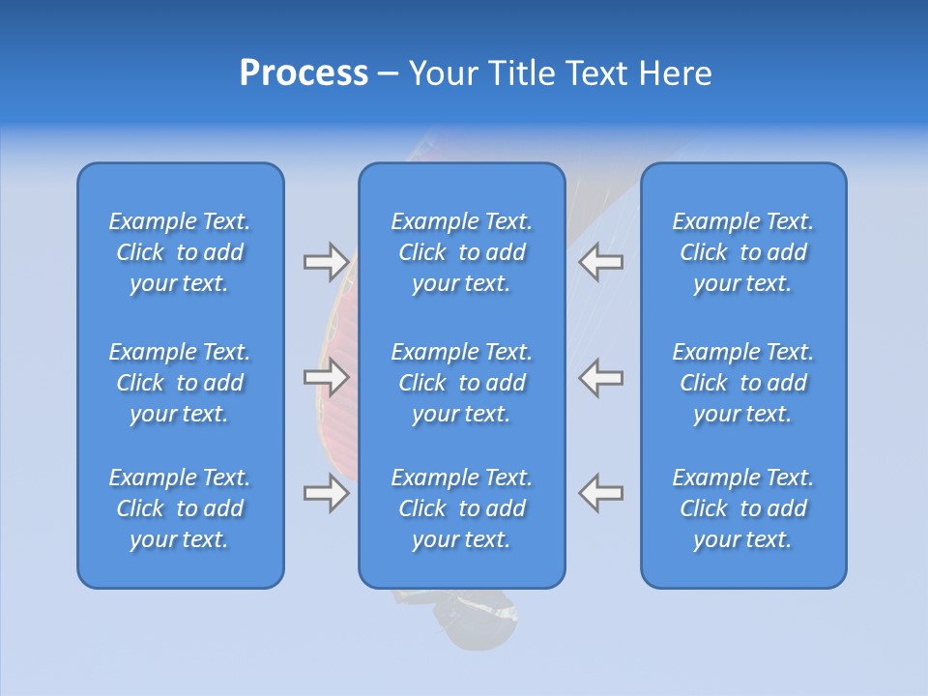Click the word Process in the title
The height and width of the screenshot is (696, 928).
(x=304, y=73)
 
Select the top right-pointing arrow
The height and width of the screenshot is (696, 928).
(x=326, y=261)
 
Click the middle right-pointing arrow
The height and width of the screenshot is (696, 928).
(x=326, y=377)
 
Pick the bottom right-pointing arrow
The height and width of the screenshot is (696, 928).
(x=326, y=493)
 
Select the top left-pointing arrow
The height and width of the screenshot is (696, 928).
(x=601, y=261)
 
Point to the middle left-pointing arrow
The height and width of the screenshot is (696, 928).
(x=601, y=377)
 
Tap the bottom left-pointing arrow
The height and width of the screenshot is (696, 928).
(x=601, y=493)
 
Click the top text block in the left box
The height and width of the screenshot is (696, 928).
(x=180, y=252)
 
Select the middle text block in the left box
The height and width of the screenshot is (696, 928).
(x=180, y=383)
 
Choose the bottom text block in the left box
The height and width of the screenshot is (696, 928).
(x=180, y=508)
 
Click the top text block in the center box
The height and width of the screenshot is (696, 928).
(x=461, y=252)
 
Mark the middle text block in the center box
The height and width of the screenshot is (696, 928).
(x=461, y=383)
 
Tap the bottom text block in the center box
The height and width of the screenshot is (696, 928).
(x=461, y=508)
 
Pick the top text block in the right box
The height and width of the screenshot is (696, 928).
(x=742, y=252)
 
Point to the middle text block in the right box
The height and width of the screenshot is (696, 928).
(x=742, y=383)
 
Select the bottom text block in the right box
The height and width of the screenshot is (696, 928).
(x=742, y=508)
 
